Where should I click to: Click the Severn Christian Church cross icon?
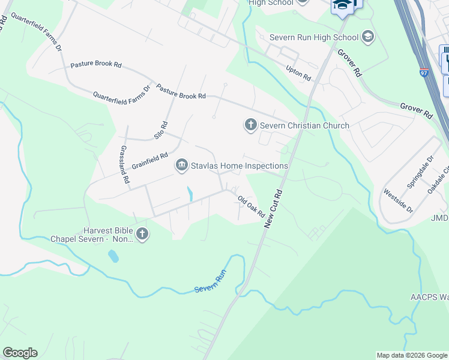pyautogui.click(x=250, y=125)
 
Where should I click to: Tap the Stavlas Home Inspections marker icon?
pyautogui.click(x=181, y=165)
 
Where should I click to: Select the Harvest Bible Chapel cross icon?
pyautogui.click(x=142, y=234)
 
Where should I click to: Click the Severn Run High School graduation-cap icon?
pyautogui.click(x=368, y=37)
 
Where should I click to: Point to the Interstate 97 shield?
pyautogui.click(x=424, y=73)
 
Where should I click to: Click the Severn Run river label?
pyautogui.click(x=209, y=289)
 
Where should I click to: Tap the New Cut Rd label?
pyautogui.click(x=273, y=208)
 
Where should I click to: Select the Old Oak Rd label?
pyautogui.click(x=251, y=206)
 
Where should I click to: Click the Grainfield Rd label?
pyautogui.click(x=149, y=161)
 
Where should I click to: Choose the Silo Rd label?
pyautogui.click(x=160, y=130)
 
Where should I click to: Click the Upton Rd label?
pyautogui.click(x=298, y=73)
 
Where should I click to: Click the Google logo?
pyautogui.click(x=20, y=353)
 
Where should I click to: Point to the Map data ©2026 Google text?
pyautogui.click(x=411, y=355)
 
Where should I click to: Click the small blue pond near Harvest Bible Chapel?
pyautogui.click(x=113, y=256)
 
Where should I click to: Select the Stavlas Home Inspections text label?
pyautogui.click(x=239, y=166)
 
